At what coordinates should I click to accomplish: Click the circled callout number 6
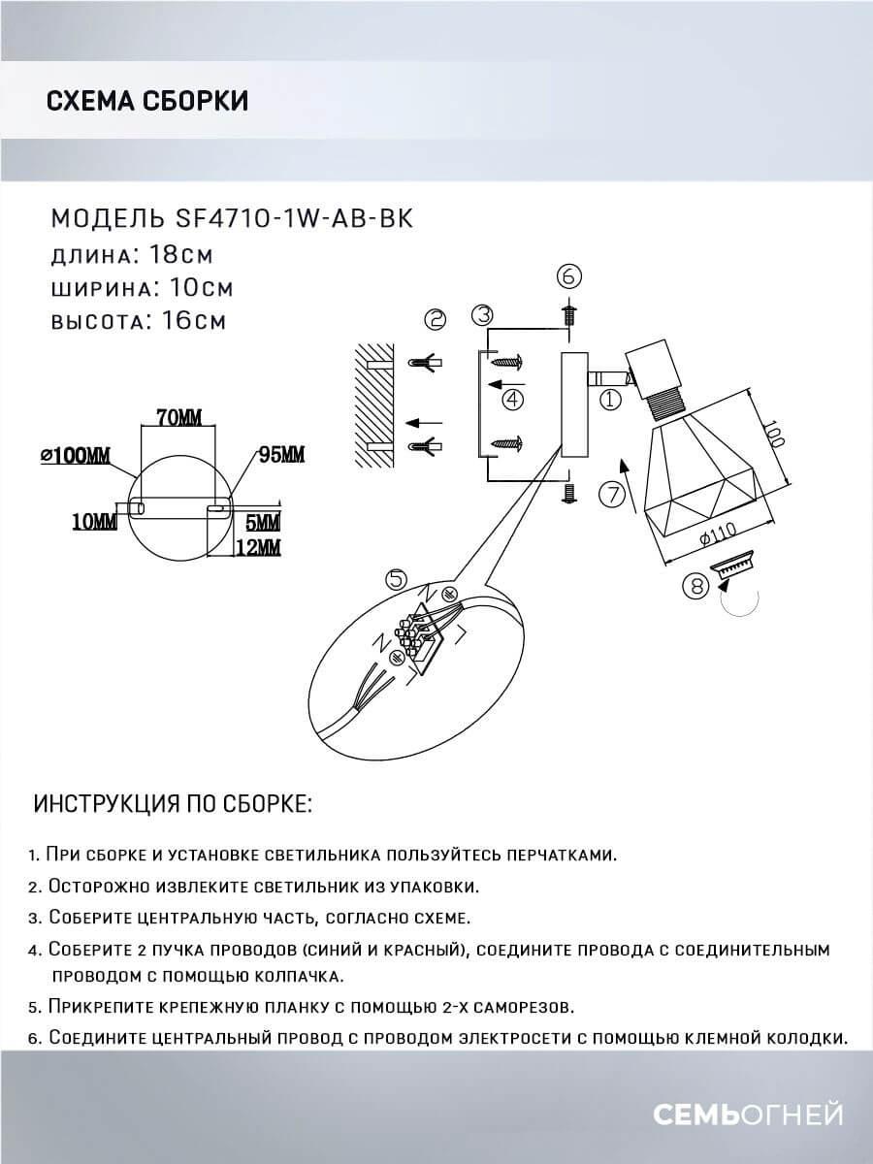(568, 276)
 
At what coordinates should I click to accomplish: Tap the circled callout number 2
(435, 319)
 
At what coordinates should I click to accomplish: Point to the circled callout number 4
(513, 398)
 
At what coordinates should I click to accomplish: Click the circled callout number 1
(610, 398)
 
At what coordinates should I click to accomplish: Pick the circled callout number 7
(610, 495)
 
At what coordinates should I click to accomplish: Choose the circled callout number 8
(694, 586)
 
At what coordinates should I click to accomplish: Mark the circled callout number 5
(395, 579)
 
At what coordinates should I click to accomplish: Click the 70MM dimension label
(178, 418)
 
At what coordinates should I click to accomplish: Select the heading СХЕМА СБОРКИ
(146, 101)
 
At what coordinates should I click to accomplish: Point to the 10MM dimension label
(93, 522)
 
